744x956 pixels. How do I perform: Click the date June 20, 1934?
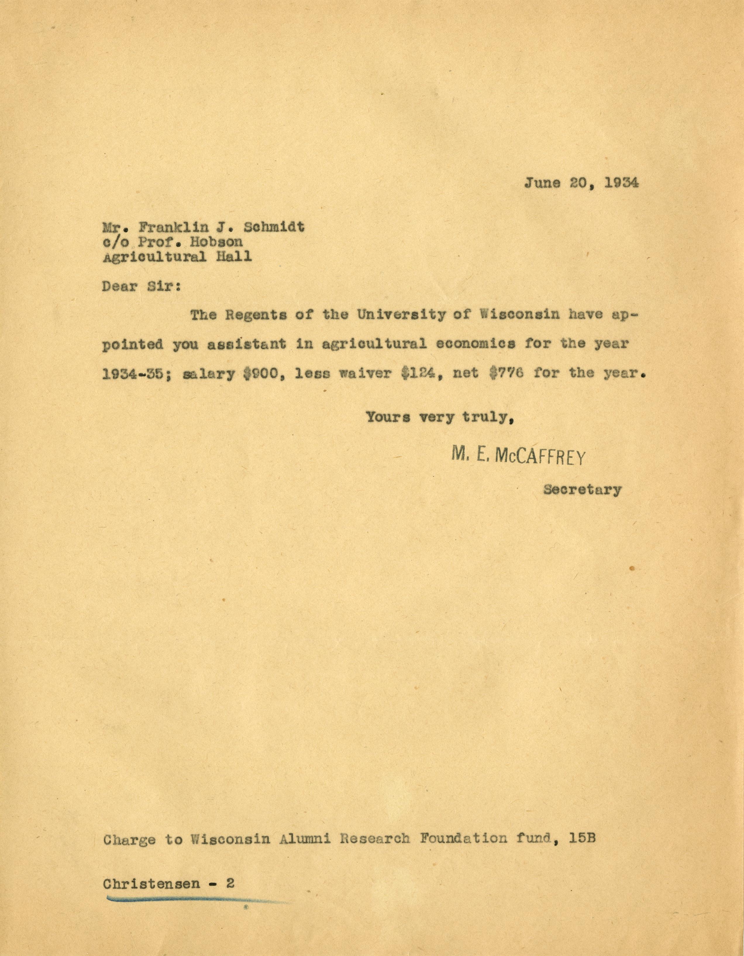[x=581, y=183]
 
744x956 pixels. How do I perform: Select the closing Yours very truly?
[x=440, y=417]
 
